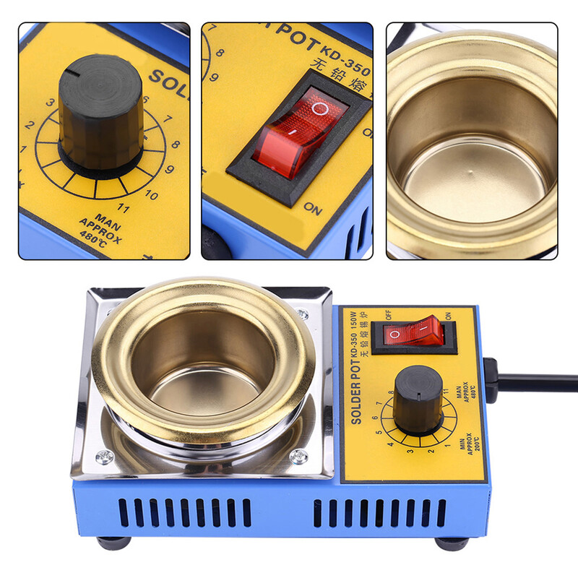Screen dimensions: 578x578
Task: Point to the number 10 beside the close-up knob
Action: (x=151, y=194)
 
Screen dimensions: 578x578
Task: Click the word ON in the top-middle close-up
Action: (x=312, y=209)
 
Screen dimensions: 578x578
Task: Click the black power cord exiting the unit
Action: (x=535, y=381)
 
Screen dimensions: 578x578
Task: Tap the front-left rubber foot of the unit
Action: (x=115, y=543)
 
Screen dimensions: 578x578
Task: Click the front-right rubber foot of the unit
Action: (x=452, y=543)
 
